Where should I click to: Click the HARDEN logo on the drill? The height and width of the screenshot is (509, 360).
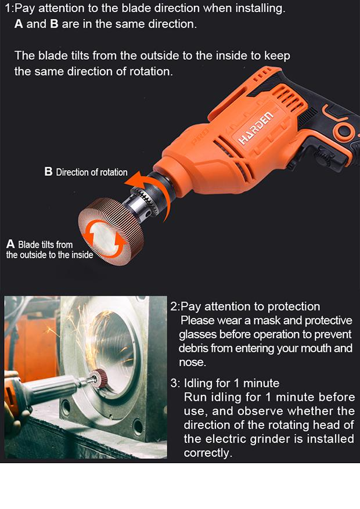click(x=256, y=128)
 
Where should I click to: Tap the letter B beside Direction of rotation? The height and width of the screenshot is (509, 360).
click(x=48, y=171)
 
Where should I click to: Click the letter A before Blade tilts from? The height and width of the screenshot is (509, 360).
click(x=10, y=244)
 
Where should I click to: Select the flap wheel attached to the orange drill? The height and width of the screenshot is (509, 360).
click(x=110, y=231)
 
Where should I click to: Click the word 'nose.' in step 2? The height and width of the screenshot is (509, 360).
click(x=193, y=362)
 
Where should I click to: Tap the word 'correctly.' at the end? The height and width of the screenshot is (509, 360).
click(x=208, y=453)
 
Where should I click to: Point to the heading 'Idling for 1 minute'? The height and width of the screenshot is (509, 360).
click(x=232, y=383)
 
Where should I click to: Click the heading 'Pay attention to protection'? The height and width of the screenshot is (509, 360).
click(x=250, y=306)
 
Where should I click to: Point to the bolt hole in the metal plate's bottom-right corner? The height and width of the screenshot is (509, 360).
click(x=138, y=426)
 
